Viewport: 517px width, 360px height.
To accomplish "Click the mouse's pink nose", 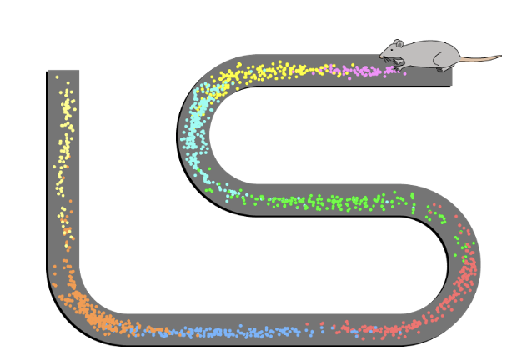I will (x=381, y=56).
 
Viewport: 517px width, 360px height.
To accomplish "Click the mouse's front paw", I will (x=399, y=63).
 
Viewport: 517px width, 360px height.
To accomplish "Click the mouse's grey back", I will (x=429, y=50).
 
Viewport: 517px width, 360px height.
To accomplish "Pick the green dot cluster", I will (x=334, y=201).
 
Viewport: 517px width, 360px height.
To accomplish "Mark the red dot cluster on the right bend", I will (x=463, y=275).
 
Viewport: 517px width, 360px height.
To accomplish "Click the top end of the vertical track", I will (x=63, y=73).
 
